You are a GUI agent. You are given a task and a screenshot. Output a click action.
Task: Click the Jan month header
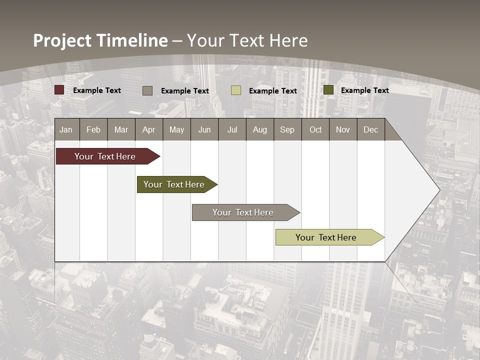click(x=66, y=129)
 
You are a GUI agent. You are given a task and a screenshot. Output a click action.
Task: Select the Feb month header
click(x=93, y=129)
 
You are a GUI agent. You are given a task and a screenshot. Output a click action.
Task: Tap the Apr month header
click(x=149, y=129)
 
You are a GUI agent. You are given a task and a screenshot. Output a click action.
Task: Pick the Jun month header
click(x=204, y=129)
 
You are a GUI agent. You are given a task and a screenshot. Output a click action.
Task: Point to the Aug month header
click(x=260, y=129)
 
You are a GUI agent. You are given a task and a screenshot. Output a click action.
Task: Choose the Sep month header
click(x=287, y=129)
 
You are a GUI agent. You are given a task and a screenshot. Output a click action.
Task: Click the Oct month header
click(x=315, y=129)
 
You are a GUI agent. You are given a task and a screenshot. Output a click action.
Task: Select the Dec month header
click(x=371, y=129)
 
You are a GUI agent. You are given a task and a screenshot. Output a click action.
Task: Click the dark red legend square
click(x=59, y=90)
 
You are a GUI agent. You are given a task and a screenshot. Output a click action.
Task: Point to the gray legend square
click(x=147, y=90)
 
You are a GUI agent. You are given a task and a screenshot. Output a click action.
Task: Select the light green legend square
click(x=235, y=90)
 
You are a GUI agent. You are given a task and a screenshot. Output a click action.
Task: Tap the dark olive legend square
click(x=328, y=90)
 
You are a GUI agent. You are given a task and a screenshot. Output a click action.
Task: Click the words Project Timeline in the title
click(x=100, y=40)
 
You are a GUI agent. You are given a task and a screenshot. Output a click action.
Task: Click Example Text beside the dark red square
click(x=97, y=90)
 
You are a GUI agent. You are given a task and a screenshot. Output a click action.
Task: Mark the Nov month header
click(x=343, y=129)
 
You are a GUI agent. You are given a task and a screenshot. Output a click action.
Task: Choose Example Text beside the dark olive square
click(x=365, y=90)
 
